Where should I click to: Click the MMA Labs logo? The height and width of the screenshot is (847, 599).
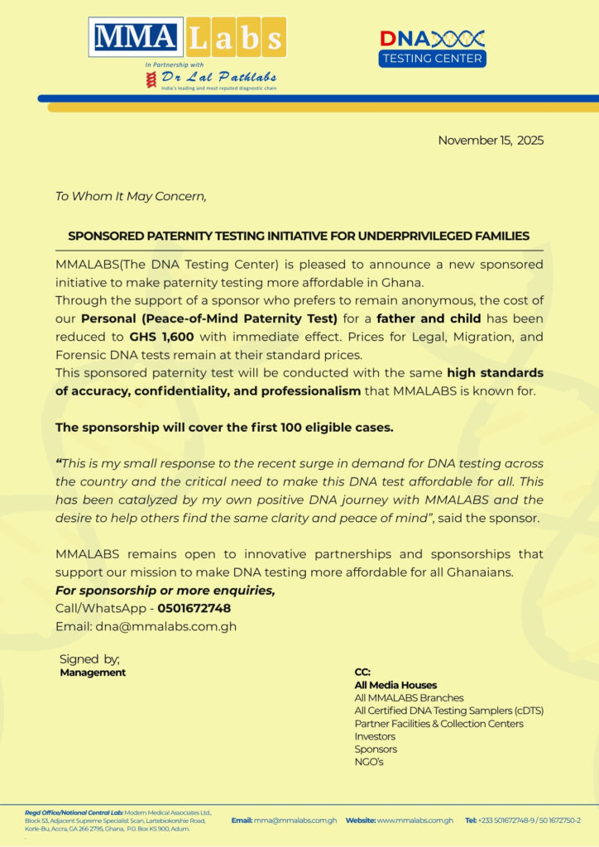pyautogui.click(x=188, y=37)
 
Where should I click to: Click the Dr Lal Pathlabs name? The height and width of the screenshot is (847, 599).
pyautogui.click(x=218, y=77)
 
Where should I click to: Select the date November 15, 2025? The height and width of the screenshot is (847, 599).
pyautogui.click(x=491, y=140)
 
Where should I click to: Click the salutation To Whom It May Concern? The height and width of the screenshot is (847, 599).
pyautogui.click(x=130, y=197)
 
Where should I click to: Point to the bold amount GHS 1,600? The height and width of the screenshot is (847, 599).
pyautogui.click(x=161, y=337)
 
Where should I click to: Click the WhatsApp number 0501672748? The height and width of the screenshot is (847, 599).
pyautogui.click(x=194, y=609)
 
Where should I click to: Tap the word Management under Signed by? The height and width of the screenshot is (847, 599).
pyautogui.click(x=93, y=672)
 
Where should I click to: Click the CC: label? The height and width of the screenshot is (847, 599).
pyautogui.click(x=362, y=672)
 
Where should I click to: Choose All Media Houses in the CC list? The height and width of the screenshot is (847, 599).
pyautogui.click(x=395, y=685)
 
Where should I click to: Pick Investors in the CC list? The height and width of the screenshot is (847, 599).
pyautogui.click(x=375, y=736)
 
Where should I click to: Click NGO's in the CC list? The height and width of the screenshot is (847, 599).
pyautogui.click(x=369, y=762)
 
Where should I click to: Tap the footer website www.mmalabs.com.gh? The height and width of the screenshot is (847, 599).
pyautogui.click(x=415, y=821)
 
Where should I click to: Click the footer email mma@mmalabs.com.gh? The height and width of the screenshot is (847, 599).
pyautogui.click(x=295, y=821)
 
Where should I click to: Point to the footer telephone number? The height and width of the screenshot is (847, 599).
pyautogui.click(x=530, y=821)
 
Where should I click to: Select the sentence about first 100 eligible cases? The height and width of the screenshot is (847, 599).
pyautogui.click(x=224, y=428)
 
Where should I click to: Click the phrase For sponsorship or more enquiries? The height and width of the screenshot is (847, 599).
pyautogui.click(x=165, y=591)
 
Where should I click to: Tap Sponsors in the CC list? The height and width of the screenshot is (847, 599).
pyautogui.click(x=376, y=749)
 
